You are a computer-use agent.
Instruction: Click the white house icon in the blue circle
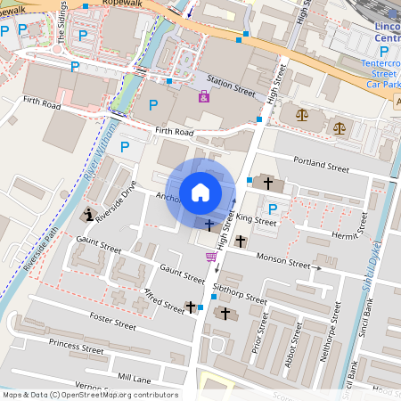(x=200, y=192)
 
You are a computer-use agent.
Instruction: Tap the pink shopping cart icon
(x=211, y=257)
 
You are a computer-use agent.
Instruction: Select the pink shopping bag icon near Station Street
(x=204, y=96)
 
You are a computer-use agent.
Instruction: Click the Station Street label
(x=232, y=87)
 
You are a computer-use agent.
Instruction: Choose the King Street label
(x=258, y=218)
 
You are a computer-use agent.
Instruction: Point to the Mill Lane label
(x=135, y=378)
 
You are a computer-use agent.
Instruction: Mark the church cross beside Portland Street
(x=268, y=183)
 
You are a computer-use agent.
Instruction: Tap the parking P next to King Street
(x=274, y=209)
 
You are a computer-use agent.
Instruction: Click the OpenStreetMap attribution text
(x=89, y=395)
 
